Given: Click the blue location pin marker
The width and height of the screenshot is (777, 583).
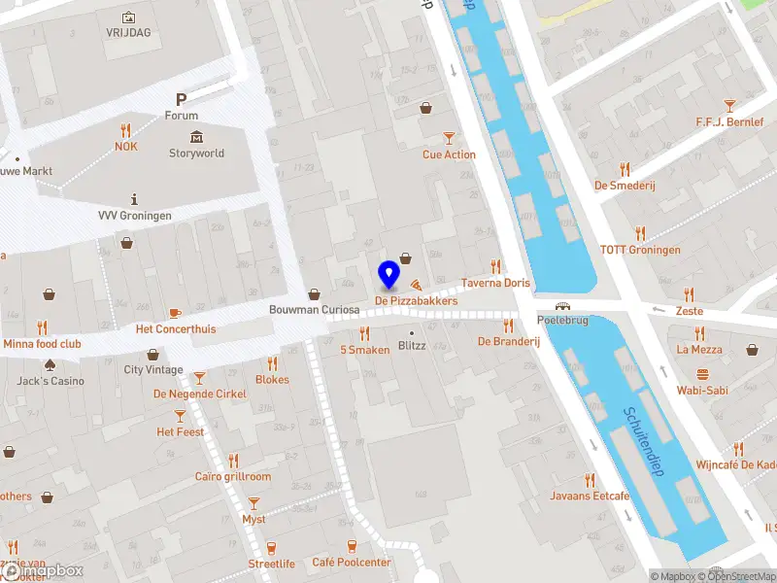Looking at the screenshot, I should point(388,275).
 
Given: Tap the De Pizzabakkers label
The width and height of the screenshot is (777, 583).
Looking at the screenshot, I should point(416,301).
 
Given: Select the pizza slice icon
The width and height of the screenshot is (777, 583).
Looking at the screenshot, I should point(416,286).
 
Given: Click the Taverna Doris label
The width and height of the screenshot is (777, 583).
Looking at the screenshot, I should point(495,283).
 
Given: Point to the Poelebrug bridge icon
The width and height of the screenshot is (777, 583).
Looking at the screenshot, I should point(562,306).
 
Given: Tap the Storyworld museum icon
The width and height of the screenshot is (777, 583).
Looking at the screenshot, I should point(196,136).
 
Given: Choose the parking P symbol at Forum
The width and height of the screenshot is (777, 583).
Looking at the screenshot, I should point(181,99).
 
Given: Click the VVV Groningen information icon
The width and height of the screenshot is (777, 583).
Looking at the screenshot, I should point(134,198).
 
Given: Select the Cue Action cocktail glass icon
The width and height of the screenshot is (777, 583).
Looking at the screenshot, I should point(449,138).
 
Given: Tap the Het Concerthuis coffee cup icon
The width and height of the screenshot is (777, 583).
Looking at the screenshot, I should point(175,312).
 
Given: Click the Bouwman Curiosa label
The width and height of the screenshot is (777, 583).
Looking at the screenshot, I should point(314,310).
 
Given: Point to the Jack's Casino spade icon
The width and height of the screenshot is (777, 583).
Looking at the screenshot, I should point(50,364).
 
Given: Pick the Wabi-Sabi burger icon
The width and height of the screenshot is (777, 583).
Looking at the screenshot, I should point(702,375).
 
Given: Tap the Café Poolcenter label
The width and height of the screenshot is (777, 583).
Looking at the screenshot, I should point(351,563).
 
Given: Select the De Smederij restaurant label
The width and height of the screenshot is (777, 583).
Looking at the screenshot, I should point(627,186).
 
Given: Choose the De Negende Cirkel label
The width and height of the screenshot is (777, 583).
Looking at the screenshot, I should point(199,394).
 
